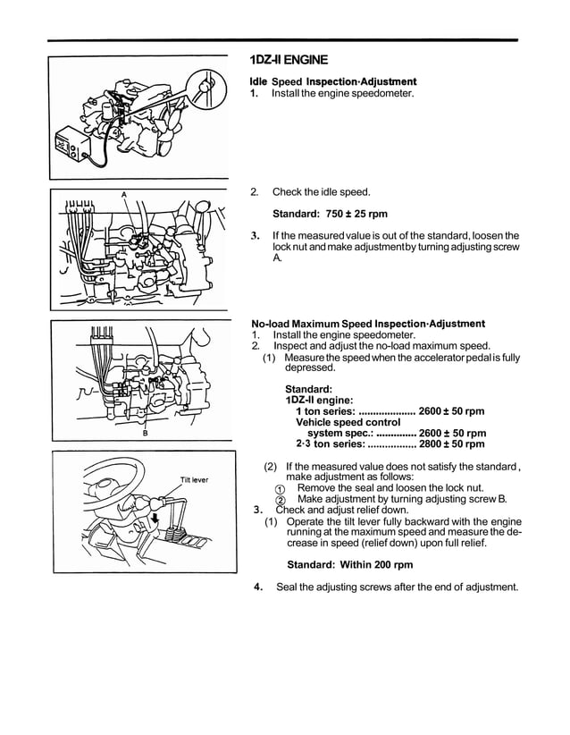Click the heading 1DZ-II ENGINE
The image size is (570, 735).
click(x=289, y=61)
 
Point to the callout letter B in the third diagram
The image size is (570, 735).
click(x=145, y=434)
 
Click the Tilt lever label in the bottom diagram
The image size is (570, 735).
click(x=194, y=480)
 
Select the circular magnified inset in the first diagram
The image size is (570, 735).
click(x=205, y=89)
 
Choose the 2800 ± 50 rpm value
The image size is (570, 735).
click(x=451, y=444)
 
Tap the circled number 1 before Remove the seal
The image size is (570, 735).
click(x=280, y=489)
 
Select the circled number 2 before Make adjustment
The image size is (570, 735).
click(x=280, y=500)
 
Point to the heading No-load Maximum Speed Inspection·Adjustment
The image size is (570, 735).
click(x=368, y=324)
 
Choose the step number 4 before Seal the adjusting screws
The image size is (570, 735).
click(x=257, y=587)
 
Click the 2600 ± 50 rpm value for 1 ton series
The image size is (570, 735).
click(x=451, y=411)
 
